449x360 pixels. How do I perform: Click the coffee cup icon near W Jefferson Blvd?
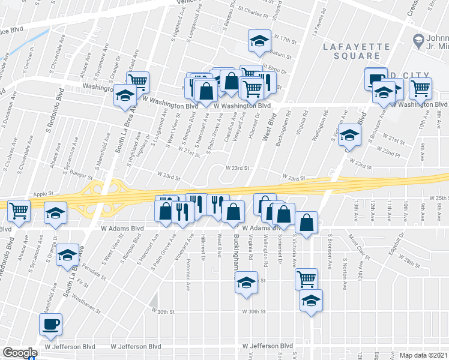[50, 324]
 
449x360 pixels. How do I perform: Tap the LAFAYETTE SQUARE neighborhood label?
[352, 50]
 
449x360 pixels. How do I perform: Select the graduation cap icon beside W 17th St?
[259, 41]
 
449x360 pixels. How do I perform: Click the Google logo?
[20, 353]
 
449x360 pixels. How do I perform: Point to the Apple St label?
[44, 194]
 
